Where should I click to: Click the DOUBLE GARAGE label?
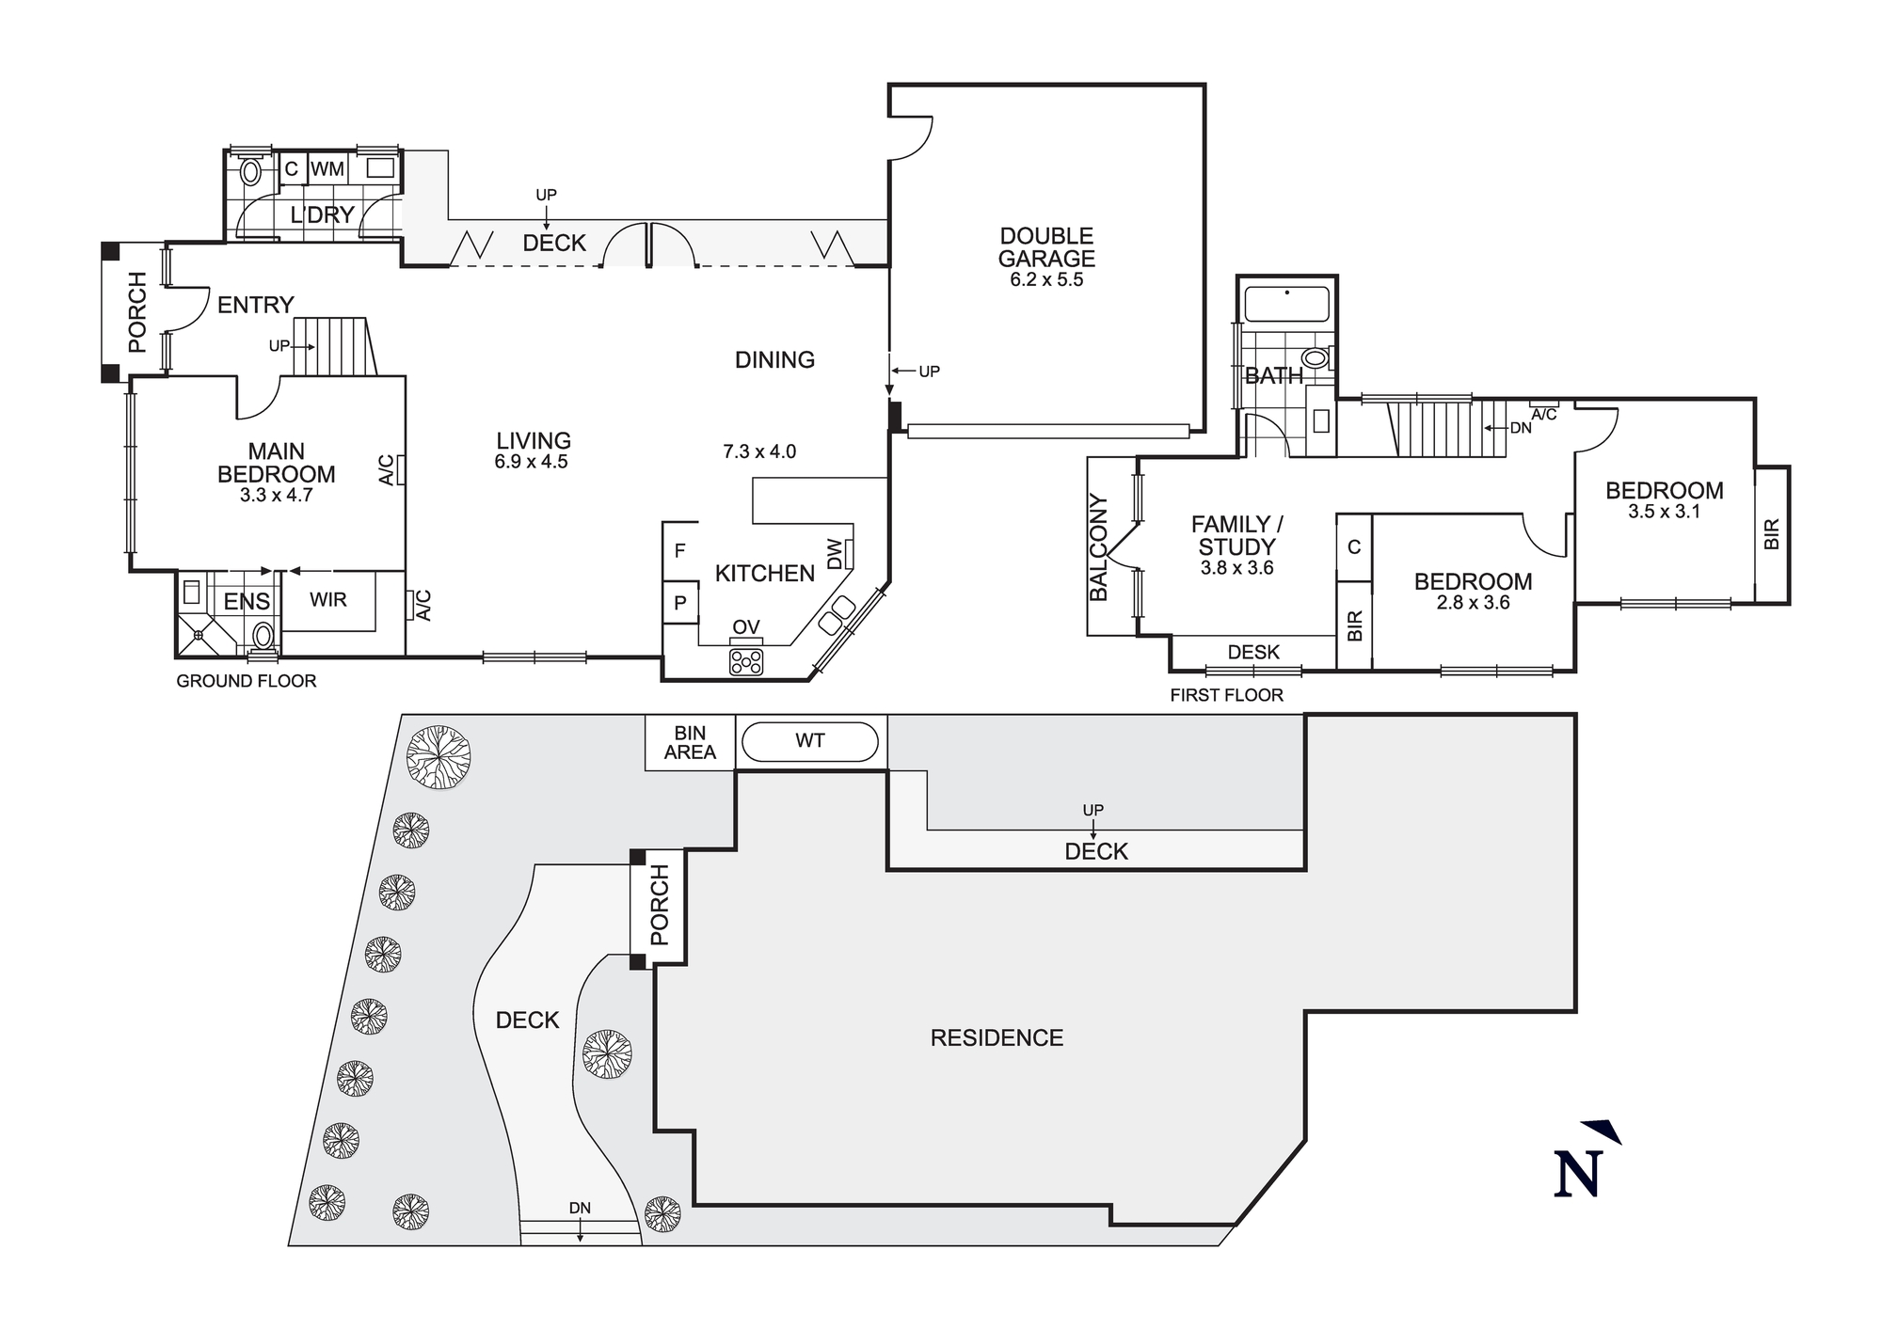pyautogui.click(x=1046, y=247)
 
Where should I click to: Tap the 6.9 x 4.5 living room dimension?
pyautogui.click(x=531, y=462)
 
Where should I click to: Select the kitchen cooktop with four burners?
pyautogui.click(x=746, y=661)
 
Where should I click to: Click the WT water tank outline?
pyautogui.click(x=810, y=741)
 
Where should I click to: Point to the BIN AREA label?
pyautogui.click(x=690, y=742)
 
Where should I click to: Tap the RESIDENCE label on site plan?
pyautogui.click(x=997, y=1037)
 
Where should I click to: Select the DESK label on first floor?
pyautogui.click(x=1253, y=652)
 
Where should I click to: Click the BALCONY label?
pyautogui.click(x=1098, y=547)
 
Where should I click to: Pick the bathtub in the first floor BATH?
pyautogui.click(x=1286, y=305)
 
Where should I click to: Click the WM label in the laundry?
pyautogui.click(x=327, y=169)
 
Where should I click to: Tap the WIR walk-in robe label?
pyautogui.click(x=327, y=599)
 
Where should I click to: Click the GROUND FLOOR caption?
pyautogui.click(x=247, y=681)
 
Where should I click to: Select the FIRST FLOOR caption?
pyautogui.click(x=1226, y=695)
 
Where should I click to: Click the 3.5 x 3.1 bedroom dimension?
pyautogui.click(x=1664, y=512)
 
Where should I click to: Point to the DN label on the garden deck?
pyautogui.click(x=580, y=1209)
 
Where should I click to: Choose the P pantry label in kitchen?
pyautogui.click(x=679, y=603)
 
